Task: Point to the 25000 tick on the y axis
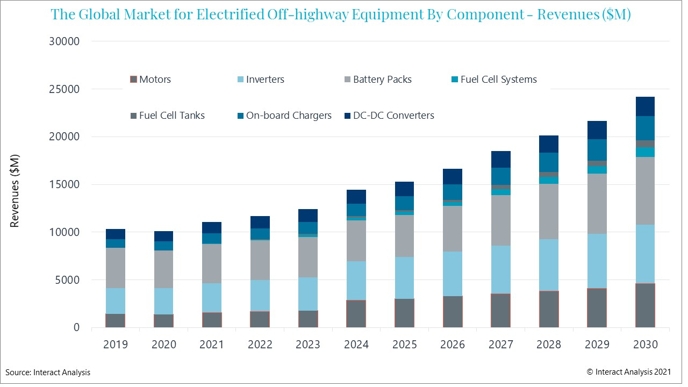click(x=64, y=89)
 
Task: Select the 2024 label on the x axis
click(x=356, y=345)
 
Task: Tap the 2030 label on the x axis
click(x=645, y=345)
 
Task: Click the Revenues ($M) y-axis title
click(x=15, y=191)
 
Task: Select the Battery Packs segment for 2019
click(x=116, y=268)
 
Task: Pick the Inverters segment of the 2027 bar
click(x=500, y=270)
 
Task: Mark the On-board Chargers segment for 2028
click(x=549, y=162)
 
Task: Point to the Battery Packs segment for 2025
click(x=404, y=236)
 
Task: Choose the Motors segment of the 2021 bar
click(x=212, y=320)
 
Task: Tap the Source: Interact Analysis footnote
click(x=48, y=372)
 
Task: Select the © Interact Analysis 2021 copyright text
click(x=629, y=371)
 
